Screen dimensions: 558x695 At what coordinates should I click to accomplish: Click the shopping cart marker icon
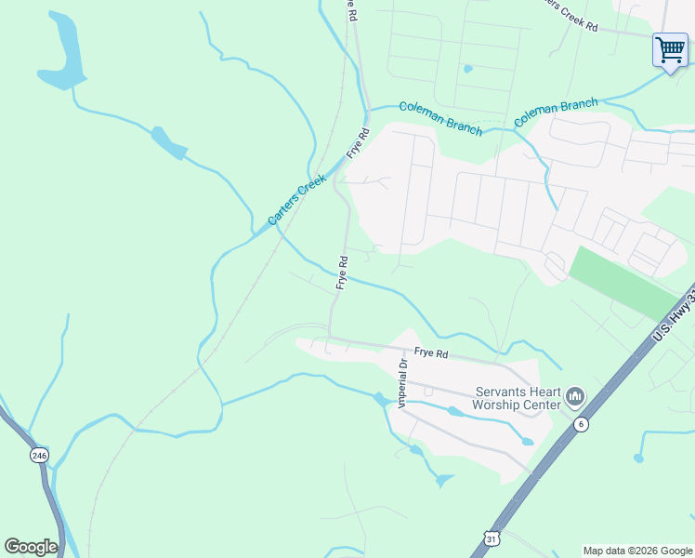pyautogui.click(x=670, y=48)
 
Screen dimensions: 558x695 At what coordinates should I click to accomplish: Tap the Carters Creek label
pyautogui.click(x=297, y=199)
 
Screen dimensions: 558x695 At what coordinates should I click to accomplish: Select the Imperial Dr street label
pyautogui.click(x=403, y=383)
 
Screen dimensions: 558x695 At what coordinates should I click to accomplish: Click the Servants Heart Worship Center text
pyautogui.click(x=518, y=398)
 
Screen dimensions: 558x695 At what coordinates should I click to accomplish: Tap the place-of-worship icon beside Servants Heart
pyautogui.click(x=574, y=398)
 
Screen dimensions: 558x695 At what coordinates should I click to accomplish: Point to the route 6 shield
pyautogui.click(x=582, y=424)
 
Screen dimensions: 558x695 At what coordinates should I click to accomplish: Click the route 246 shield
pyautogui.click(x=38, y=456)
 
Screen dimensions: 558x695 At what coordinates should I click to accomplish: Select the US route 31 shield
pyautogui.click(x=492, y=538)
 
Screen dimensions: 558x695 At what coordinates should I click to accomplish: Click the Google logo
pyautogui.click(x=31, y=547)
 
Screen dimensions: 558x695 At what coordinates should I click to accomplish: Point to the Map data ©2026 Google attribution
pyautogui.click(x=636, y=551)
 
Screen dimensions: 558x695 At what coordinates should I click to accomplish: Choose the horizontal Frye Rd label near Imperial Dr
pyautogui.click(x=431, y=353)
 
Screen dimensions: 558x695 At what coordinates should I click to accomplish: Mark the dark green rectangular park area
pyautogui.click(x=624, y=282)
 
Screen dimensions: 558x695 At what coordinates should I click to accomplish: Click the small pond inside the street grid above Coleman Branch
pyautogui.click(x=467, y=68)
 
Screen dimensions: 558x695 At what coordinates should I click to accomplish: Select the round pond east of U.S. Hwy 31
pyautogui.click(x=638, y=458)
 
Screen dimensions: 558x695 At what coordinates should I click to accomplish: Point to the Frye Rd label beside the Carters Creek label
pyautogui.click(x=358, y=142)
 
